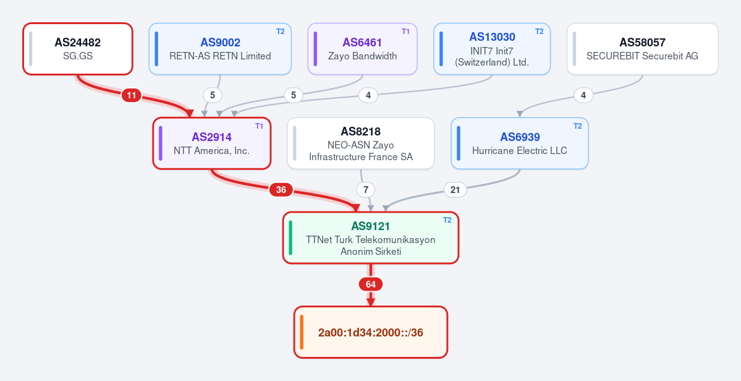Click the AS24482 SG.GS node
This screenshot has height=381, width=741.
click(78, 49)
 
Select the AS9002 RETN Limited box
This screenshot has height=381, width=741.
click(220, 49)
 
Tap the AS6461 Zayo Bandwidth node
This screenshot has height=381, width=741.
click(363, 49)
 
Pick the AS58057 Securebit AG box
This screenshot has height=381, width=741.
click(643, 49)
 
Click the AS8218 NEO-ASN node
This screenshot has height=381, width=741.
click(361, 143)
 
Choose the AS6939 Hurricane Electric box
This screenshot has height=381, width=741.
click(520, 143)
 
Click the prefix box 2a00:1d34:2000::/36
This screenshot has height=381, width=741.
click(371, 332)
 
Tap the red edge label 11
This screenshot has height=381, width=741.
click(132, 95)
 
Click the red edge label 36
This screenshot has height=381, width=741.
click(281, 190)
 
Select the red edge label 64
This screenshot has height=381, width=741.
click(371, 285)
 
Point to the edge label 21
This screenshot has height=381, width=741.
click(455, 190)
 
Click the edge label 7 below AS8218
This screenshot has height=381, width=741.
click(365, 190)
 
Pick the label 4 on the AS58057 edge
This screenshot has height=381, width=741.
click(583, 95)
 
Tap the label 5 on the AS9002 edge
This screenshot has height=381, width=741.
click(213, 95)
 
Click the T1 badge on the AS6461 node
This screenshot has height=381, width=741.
click(405, 32)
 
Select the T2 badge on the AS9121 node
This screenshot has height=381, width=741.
click(447, 220)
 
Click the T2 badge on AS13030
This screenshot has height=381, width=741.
click(539, 32)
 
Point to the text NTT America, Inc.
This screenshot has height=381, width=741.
click(212, 151)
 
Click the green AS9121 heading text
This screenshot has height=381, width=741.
click(371, 226)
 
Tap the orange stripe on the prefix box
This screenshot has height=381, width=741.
click(302, 332)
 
